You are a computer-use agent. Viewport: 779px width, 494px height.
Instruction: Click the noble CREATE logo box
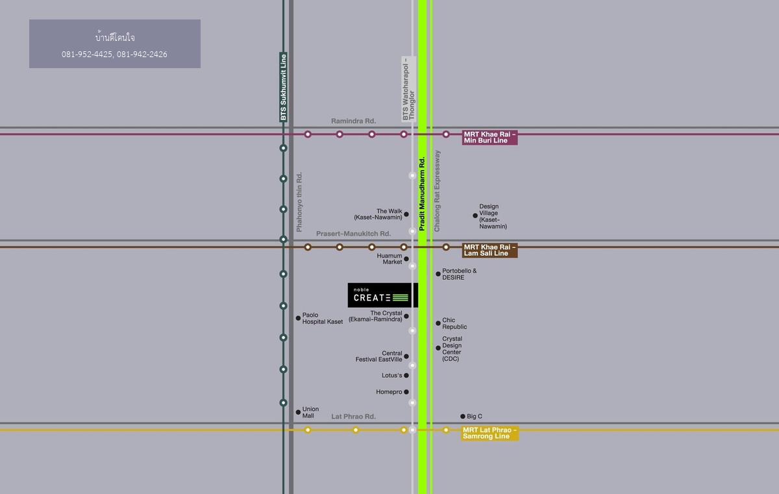[x=382, y=295]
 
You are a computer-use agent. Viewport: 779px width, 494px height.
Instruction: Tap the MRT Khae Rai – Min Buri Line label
[x=489, y=138]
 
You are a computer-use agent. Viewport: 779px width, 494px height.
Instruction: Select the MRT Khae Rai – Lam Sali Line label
[x=489, y=251]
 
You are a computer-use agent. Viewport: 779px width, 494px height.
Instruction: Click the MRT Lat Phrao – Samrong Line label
[x=489, y=433]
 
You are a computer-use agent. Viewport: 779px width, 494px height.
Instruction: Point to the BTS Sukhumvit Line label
[x=283, y=87]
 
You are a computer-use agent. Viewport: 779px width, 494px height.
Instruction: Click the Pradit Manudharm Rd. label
[x=422, y=193]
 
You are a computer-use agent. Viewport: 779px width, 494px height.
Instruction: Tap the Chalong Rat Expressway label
[x=438, y=191]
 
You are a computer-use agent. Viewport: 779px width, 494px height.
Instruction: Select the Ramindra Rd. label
[x=353, y=121]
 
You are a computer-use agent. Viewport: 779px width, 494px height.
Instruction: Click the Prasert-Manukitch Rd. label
[x=353, y=234]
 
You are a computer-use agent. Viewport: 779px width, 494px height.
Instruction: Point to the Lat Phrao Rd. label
[x=353, y=417]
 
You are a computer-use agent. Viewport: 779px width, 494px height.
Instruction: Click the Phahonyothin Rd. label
[x=299, y=202]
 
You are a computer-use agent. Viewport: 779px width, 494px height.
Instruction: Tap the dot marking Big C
[x=463, y=417]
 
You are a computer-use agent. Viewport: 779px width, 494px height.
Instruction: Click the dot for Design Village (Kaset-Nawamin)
[x=475, y=216]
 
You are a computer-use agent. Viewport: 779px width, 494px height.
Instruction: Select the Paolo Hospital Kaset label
[x=322, y=319]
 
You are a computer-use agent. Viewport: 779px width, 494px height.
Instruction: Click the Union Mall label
[x=310, y=413]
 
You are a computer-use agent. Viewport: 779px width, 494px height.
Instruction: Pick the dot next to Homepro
[x=406, y=392]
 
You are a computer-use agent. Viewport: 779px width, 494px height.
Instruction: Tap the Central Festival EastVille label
[x=378, y=356]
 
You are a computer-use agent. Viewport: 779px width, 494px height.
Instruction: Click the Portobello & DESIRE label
[x=459, y=274]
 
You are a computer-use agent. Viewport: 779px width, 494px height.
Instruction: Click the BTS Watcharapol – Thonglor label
[x=408, y=89]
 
